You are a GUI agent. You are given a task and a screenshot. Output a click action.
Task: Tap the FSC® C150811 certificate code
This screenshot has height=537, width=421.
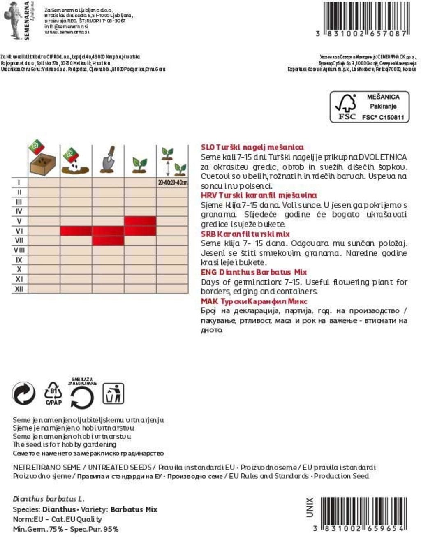383,117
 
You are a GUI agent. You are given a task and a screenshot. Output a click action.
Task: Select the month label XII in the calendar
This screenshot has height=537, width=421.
19,289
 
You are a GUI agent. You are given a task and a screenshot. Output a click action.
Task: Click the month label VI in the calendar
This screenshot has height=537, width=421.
19,231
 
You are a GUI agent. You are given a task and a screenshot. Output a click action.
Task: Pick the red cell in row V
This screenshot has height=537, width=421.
140,221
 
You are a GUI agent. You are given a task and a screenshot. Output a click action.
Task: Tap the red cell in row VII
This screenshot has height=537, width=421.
108,241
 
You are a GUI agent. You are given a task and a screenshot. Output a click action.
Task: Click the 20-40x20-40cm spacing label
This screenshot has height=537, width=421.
172,182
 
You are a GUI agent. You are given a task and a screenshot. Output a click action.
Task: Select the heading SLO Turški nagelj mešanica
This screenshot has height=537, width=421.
252,147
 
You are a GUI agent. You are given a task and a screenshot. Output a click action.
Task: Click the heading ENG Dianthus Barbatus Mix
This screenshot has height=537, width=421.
254,272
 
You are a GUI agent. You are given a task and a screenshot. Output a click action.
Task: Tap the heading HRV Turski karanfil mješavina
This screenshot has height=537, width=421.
259,195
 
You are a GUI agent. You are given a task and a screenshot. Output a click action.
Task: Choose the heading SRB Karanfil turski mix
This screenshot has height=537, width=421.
245,234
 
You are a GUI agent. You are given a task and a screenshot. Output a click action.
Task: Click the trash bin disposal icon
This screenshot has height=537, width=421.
113,393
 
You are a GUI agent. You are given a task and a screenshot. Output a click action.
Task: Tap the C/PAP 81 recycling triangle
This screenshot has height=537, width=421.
53,393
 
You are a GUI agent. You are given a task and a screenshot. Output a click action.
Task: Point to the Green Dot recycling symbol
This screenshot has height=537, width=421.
24,393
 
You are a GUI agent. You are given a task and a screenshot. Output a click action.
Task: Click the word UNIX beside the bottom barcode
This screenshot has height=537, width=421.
310,507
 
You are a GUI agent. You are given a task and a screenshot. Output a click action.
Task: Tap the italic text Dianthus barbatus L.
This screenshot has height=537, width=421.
49,499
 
